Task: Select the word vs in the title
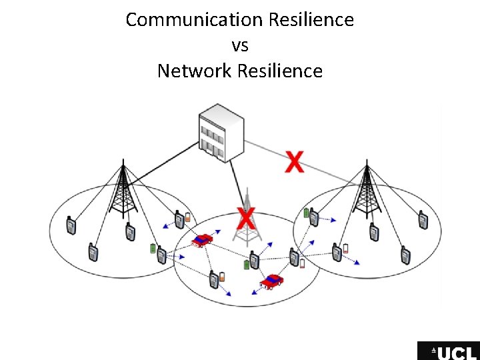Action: point(240,45)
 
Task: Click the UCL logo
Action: point(448,351)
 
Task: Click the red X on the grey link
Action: point(294,161)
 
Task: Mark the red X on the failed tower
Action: point(246,217)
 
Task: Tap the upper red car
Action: point(201,239)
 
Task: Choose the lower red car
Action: point(271,281)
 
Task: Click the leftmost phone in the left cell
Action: point(71,226)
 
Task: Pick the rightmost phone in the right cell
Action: point(422,220)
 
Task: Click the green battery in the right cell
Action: point(306,213)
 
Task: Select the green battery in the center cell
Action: point(246,265)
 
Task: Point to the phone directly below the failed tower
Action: point(254,259)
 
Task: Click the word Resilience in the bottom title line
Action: point(281,71)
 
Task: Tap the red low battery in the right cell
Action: point(345,249)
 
